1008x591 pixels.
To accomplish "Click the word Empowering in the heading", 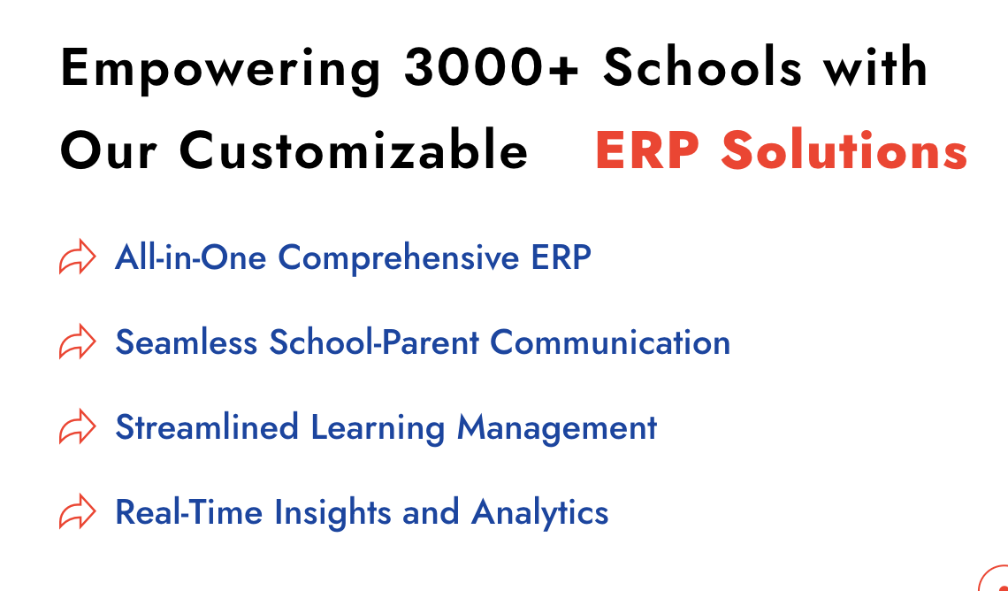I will point(220,68).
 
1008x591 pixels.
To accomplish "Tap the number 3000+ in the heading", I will point(492,68).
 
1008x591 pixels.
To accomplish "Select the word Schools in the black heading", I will point(703,68).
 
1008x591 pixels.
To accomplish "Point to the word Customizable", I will point(354,151).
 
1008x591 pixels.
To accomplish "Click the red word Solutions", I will point(844,151).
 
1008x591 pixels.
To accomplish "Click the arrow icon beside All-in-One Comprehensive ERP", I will point(77,257).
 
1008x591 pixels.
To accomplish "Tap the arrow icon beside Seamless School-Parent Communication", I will point(77,342).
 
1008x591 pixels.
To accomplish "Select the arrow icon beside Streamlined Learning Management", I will point(77,427).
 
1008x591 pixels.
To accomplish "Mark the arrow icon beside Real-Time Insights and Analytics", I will point(77,512).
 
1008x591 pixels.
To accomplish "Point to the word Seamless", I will point(187,342).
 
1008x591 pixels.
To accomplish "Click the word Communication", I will point(611,342).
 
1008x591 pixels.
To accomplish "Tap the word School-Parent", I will point(376,342).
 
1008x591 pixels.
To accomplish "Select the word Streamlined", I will point(207,427).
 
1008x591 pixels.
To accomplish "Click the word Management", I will point(557,428).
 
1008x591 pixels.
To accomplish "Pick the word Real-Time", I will point(190,512).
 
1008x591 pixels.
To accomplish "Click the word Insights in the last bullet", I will point(333,513).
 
